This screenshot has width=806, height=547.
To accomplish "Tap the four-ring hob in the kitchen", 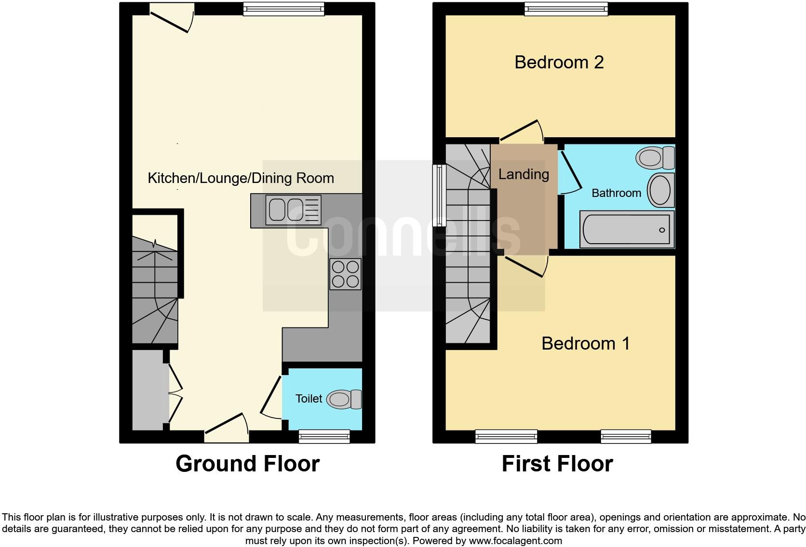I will [x=345, y=274].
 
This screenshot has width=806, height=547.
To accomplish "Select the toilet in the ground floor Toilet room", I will [x=344, y=399].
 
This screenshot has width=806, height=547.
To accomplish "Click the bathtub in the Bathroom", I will [x=626, y=230].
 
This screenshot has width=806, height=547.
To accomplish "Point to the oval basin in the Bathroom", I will [x=660, y=190].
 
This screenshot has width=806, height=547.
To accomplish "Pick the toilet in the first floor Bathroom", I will [x=655, y=157].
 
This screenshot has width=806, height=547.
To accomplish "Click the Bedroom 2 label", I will [x=559, y=62].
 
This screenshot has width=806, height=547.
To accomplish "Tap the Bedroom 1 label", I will [x=585, y=343].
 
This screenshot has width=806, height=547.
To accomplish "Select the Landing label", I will [x=524, y=174].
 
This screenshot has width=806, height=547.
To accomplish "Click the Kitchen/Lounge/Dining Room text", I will [x=241, y=178].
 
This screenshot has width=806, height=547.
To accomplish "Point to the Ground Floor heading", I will [x=247, y=463].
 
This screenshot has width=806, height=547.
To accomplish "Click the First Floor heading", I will [x=557, y=463].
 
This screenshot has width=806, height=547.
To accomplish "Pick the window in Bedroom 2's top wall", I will [x=566, y=9].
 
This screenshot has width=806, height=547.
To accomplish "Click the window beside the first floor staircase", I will [x=439, y=195].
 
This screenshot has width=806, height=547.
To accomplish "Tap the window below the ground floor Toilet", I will [x=324, y=436].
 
